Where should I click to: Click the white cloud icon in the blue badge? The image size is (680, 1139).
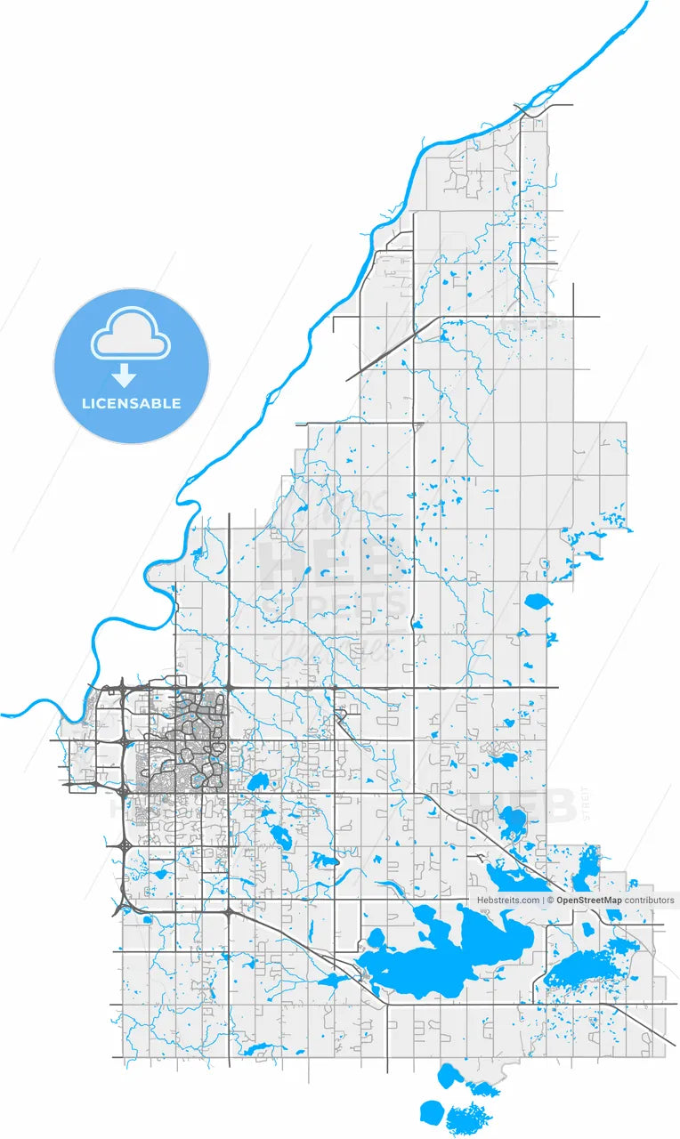[x=132, y=335]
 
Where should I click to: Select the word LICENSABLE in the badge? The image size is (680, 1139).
[x=131, y=403]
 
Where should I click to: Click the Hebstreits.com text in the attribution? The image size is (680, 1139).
[x=507, y=901]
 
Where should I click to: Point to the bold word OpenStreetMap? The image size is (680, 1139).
[x=589, y=901]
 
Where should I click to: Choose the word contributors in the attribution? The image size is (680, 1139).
[x=650, y=901]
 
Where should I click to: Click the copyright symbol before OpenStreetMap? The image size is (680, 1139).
[x=551, y=901]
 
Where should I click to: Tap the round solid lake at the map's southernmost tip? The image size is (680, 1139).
[x=433, y=1112]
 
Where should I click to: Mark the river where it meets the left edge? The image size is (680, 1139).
[x=4, y=714]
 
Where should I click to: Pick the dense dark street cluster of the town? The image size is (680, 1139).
[x=182, y=747]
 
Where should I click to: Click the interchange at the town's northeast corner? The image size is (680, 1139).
[x=229, y=687]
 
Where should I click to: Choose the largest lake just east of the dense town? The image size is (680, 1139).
[x=259, y=782]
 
